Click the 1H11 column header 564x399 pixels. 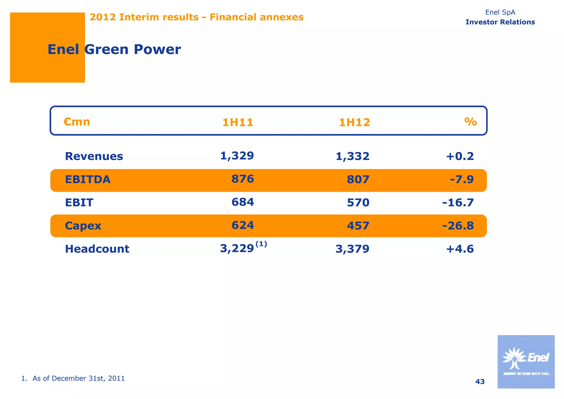pos(238,122)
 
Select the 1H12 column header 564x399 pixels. pos(354,122)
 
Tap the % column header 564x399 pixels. pos(470,122)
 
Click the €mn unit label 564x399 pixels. pos(77,122)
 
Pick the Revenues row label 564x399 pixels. pos(94,156)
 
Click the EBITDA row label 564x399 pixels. pos(88,179)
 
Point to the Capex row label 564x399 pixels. pos(83,226)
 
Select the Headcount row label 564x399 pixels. pos(97,249)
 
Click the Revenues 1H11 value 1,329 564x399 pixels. pos(237,156)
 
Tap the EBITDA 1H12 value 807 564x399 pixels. pos(358,180)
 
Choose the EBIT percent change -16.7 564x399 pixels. pos(458,203)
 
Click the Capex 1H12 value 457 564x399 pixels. pos(358,226)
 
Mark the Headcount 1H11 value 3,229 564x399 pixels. pos(237,249)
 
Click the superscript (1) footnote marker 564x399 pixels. pos(261,244)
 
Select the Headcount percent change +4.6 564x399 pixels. pos(460,249)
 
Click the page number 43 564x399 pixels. pos(480,382)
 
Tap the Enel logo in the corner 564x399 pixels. pos(526,362)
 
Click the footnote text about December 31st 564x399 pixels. pos(73,378)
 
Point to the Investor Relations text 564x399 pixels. pos(500,22)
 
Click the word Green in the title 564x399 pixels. pos(106,50)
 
